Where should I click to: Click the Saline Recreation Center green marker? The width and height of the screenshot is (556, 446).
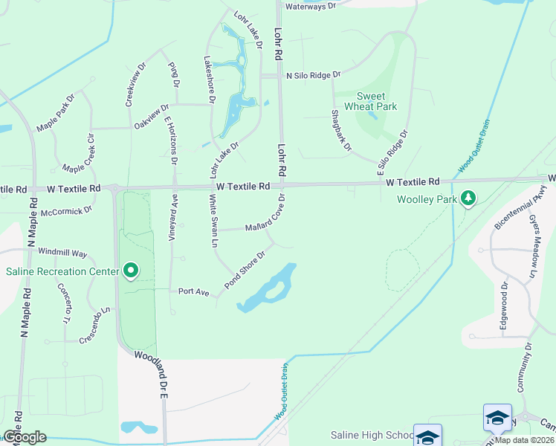click(131, 271)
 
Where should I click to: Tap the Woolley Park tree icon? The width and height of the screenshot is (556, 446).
click(468, 198)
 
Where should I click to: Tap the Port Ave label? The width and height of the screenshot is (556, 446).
click(193, 291)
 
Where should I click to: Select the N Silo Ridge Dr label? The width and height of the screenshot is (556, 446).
click(313, 75)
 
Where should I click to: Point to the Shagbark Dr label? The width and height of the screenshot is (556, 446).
click(341, 130)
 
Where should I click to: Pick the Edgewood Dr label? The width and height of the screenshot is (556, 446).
click(503, 306)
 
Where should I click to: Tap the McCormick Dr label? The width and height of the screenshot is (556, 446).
click(67, 210)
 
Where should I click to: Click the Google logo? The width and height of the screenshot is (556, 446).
click(24, 437)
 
